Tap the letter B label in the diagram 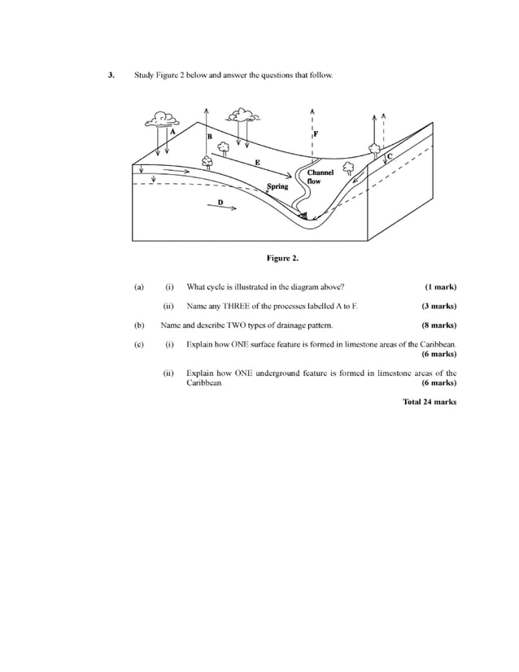click(209, 136)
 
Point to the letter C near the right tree click(389, 155)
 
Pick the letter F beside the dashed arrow click(316, 133)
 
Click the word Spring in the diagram click(277, 186)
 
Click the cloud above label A click(162, 119)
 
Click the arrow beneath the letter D click(222, 207)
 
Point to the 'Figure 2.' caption click(283, 259)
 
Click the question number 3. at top click(111, 75)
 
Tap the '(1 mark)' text click(440, 286)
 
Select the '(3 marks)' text click(438, 306)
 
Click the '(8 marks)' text click(438, 325)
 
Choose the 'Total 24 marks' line click(430, 401)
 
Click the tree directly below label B click(209, 161)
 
